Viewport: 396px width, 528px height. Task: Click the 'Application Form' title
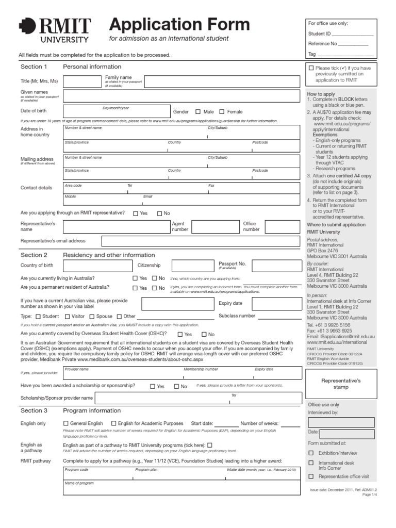179,24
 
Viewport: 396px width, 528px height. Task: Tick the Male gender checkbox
198,111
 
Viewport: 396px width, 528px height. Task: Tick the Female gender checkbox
222,111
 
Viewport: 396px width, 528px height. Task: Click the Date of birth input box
116,111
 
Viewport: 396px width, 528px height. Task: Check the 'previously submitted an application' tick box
311,68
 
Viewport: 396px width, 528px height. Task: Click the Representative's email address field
201,241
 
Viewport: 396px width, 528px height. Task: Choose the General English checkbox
65,423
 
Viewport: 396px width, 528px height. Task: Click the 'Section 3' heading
34,410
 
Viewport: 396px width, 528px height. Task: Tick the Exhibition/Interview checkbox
311,453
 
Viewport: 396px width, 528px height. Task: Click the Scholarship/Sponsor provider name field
201,398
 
